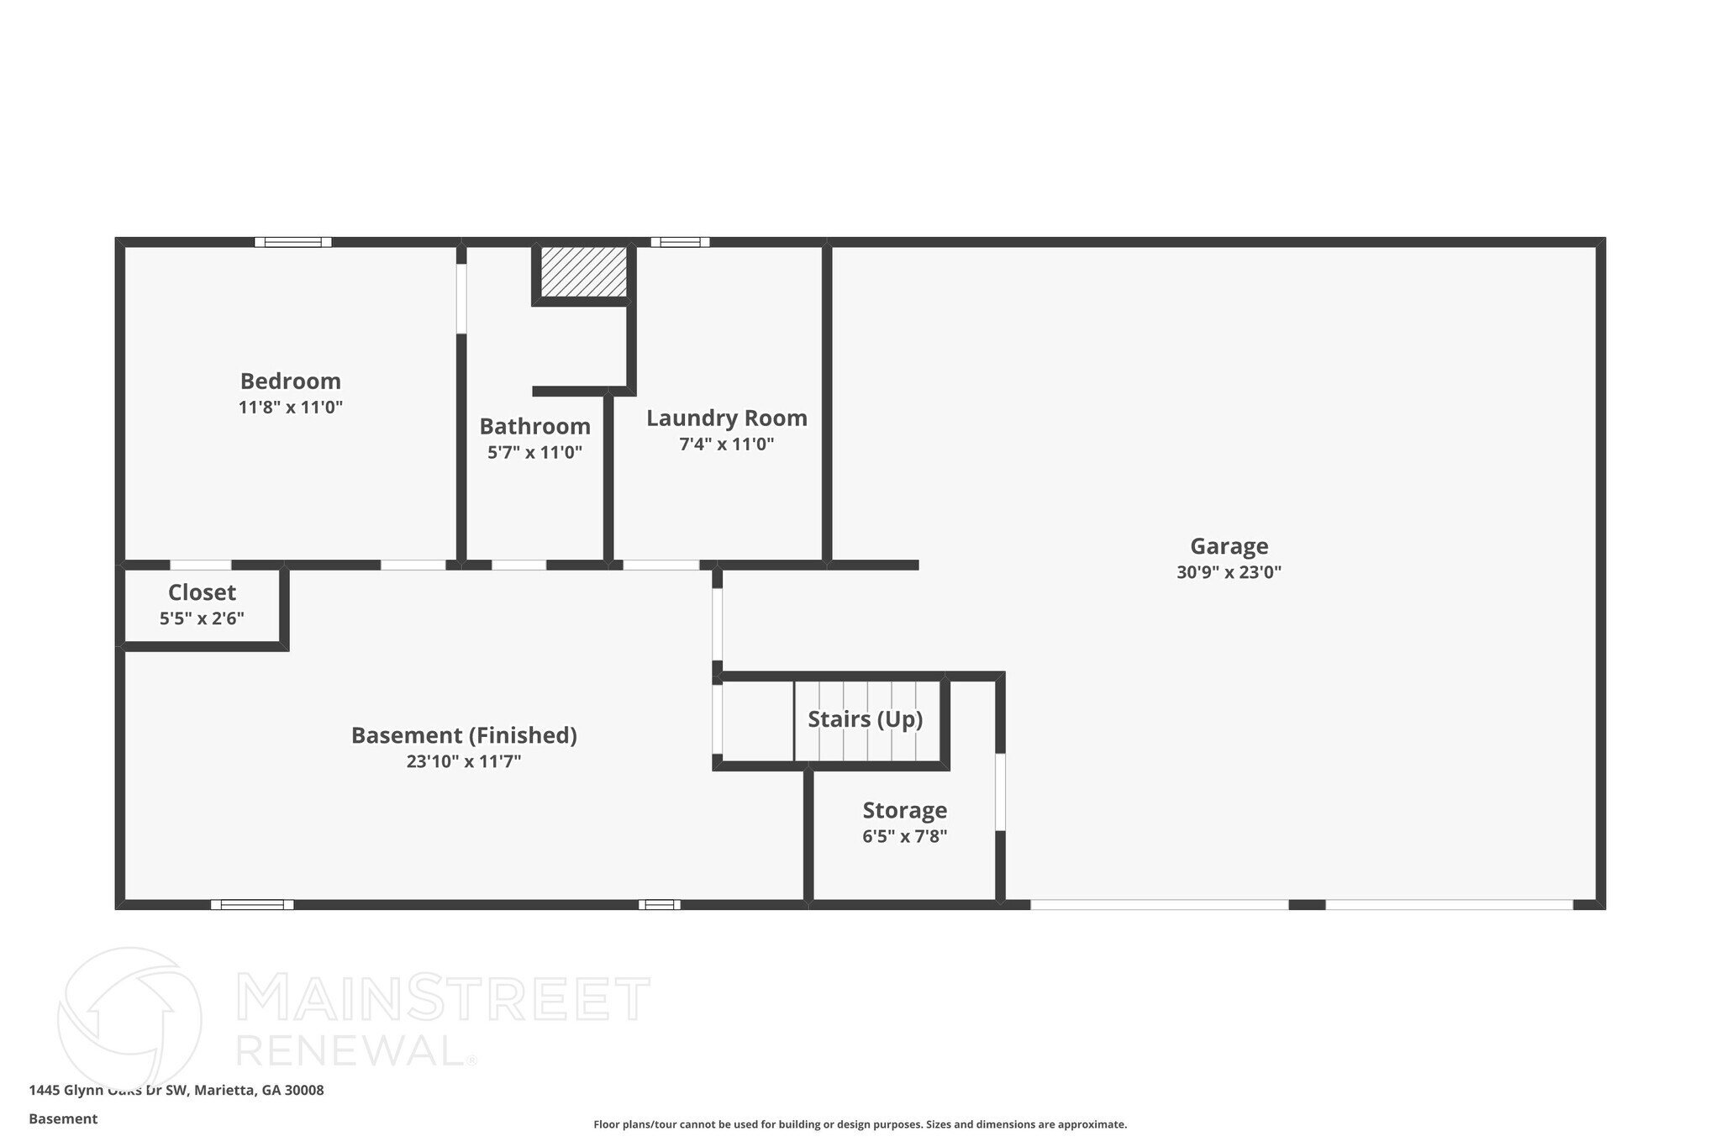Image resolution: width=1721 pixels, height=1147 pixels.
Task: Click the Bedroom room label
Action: tap(290, 381)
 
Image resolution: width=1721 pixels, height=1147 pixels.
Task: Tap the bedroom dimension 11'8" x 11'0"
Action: tap(290, 408)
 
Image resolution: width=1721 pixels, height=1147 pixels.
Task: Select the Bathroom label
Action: tap(534, 427)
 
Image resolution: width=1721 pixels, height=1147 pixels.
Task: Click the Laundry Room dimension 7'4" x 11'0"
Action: tap(726, 445)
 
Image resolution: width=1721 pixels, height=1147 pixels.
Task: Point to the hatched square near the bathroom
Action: tap(583, 271)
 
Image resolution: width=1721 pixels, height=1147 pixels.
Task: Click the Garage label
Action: tap(1229, 546)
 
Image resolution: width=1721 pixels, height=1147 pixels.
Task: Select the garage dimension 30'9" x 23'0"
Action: tap(1229, 573)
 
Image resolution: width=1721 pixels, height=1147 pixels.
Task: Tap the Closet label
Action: tap(202, 592)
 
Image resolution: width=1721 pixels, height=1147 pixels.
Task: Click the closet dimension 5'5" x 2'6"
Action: tap(202, 619)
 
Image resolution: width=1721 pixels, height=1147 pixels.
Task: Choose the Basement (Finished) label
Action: tap(464, 735)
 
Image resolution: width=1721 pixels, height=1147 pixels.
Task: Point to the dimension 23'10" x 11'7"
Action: tap(464, 762)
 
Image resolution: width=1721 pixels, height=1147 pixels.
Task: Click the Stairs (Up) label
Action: tap(865, 719)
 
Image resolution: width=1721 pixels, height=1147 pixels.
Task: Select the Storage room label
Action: tap(904, 810)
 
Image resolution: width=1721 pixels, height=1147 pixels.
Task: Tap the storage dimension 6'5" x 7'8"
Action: tap(904, 837)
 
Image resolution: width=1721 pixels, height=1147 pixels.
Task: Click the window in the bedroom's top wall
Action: tap(293, 242)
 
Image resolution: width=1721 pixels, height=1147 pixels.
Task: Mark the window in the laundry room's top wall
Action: tap(680, 242)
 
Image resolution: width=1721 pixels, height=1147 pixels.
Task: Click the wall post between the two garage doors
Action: tap(1307, 905)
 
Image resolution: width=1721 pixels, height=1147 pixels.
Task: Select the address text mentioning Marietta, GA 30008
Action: tap(176, 1090)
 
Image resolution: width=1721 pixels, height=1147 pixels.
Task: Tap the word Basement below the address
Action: tap(63, 1118)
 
